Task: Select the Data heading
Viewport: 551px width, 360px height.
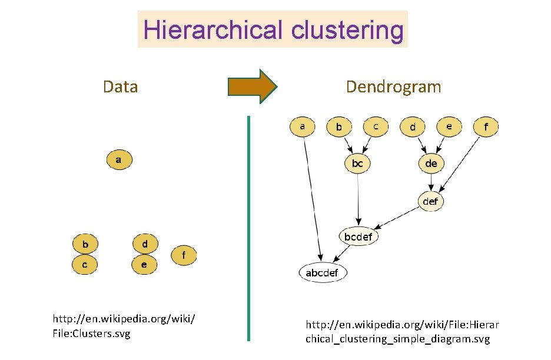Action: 120,87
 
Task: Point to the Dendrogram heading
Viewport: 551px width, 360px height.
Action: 393,87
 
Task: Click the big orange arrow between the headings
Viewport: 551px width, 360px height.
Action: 252,87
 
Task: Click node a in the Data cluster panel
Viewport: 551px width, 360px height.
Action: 120,159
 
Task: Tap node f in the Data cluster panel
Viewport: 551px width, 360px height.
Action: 184,256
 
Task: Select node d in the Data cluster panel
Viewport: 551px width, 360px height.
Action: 145,244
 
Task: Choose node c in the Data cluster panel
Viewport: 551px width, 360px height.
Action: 85,265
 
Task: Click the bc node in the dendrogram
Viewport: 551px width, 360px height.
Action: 357,164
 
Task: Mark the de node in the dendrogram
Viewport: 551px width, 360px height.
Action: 431,164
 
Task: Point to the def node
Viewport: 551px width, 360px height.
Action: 431,201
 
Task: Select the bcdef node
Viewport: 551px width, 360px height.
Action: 358,236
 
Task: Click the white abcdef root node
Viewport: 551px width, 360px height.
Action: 323,272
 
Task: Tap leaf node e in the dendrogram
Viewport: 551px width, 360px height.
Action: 450,126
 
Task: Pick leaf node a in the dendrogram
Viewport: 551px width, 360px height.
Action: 303,126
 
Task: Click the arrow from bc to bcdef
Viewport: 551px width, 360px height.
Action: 358,200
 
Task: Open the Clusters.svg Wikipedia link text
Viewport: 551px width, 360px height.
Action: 124,326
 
